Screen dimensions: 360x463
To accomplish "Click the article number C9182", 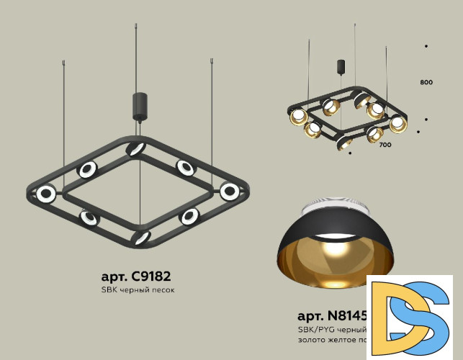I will coord(136,276).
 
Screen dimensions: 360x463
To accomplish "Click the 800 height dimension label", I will coord(426,83).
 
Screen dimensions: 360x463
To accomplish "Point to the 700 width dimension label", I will coord(385,145).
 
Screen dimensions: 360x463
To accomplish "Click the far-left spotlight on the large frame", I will coord(47,193).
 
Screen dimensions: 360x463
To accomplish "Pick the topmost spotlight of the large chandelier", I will coord(135,149).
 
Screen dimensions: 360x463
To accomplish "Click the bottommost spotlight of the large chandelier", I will coord(141,238).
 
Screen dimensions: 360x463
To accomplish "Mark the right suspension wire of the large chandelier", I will coord(212,122).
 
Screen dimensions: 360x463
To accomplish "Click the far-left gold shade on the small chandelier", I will coord(297,117).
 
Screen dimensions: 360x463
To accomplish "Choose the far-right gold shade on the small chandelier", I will coord(397,123).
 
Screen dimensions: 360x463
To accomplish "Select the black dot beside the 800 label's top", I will coord(426,46).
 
